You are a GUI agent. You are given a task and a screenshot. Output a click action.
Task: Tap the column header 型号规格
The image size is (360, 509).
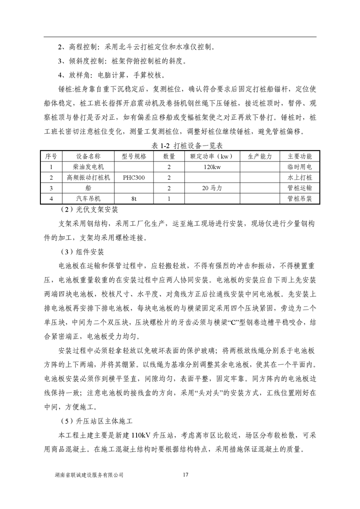click(134, 157)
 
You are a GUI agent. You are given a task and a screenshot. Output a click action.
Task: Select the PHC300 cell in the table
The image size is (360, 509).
click(134, 177)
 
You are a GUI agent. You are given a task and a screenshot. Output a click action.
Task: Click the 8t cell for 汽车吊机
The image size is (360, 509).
click(134, 198)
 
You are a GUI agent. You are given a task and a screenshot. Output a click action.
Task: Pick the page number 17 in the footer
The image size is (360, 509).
click(184, 475)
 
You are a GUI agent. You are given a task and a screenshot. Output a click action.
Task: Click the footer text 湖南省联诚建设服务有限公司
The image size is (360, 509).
click(89, 475)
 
